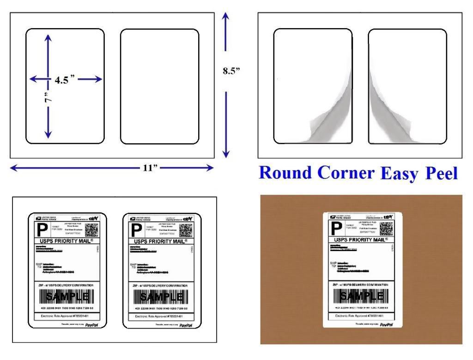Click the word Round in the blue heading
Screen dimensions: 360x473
coord(285,172)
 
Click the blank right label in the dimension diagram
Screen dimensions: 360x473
coord(159,86)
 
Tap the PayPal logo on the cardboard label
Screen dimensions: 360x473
coord(386,325)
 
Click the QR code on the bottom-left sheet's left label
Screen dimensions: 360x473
coord(91,229)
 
